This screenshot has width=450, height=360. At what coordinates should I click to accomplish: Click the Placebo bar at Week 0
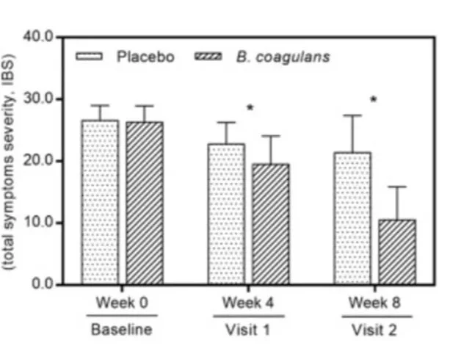(x=100, y=202)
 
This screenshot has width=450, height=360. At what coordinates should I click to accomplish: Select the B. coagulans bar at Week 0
(x=144, y=203)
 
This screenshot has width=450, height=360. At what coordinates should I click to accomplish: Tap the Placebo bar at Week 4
(x=226, y=214)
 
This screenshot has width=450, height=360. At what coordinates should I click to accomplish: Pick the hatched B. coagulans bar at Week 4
(x=271, y=224)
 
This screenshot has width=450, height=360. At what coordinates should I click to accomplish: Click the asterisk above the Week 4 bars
(x=250, y=109)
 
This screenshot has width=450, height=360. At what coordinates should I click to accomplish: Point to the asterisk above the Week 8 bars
(x=373, y=98)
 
